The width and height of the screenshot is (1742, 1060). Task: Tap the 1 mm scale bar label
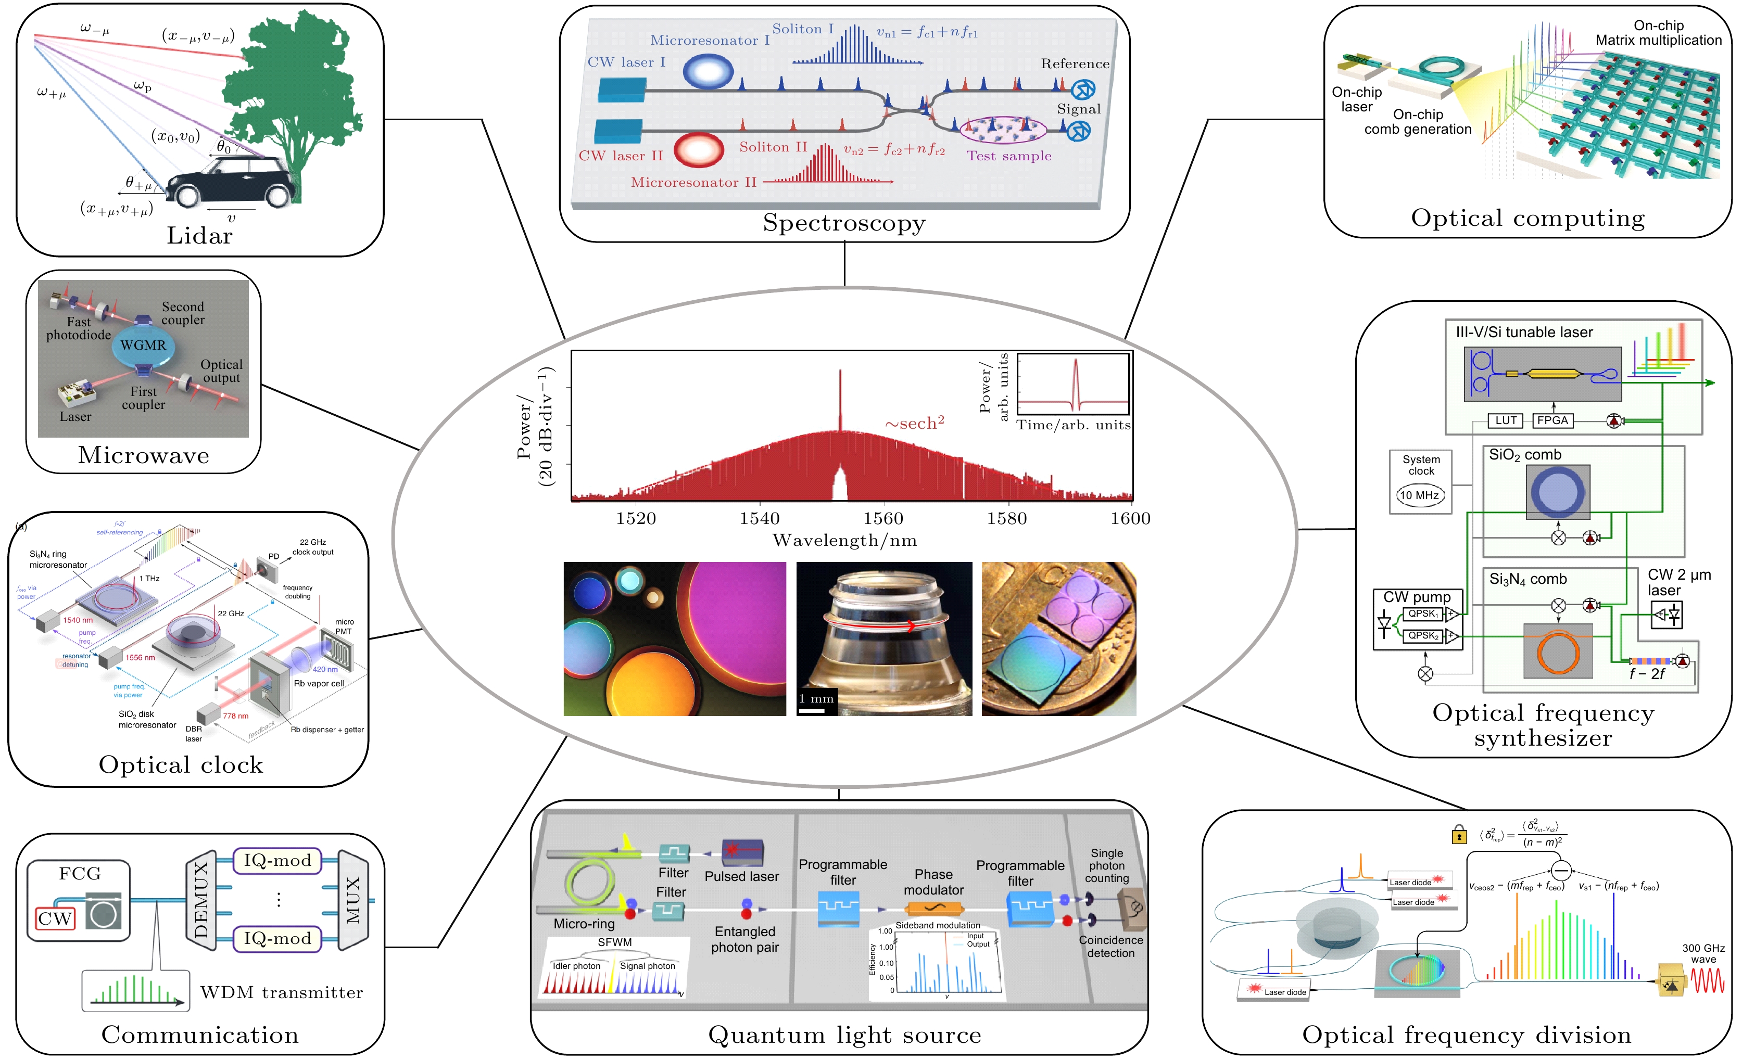pyautogui.click(x=816, y=699)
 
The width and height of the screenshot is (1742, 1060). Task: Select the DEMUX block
pyautogui.click(x=201, y=900)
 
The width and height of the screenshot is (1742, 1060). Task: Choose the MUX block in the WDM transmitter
pyautogui.click(x=354, y=900)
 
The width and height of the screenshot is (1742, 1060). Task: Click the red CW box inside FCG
pyautogui.click(x=55, y=918)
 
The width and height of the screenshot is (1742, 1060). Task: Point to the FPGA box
pyautogui.click(x=1552, y=420)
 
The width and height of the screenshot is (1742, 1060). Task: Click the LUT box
pyautogui.click(x=1506, y=420)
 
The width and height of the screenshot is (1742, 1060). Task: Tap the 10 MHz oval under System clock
pyautogui.click(x=1420, y=495)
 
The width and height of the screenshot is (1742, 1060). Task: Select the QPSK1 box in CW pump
pyautogui.click(x=1422, y=614)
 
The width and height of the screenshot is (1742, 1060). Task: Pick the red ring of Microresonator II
pyautogui.click(x=699, y=150)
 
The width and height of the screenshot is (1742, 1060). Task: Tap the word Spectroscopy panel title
pyautogui.click(x=843, y=223)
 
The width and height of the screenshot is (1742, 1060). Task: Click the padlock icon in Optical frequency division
pyautogui.click(x=1458, y=835)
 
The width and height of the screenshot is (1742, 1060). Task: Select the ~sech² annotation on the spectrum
pyautogui.click(x=914, y=423)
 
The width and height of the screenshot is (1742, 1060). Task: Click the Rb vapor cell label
pyautogui.click(x=318, y=683)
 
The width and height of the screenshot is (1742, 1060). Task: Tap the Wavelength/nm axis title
pyautogui.click(x=844, y=541)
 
